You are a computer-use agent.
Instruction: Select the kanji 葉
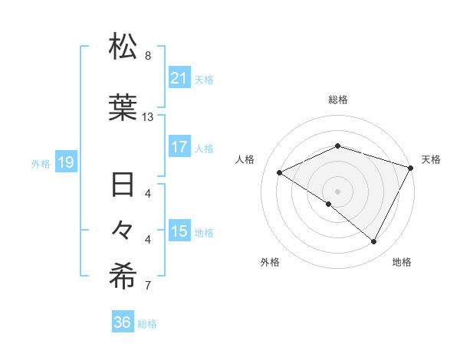point(123,107)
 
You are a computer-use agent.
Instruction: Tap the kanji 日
point(123,186)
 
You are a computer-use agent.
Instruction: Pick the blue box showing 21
point(179,78)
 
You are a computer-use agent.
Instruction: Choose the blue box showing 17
point(179,147)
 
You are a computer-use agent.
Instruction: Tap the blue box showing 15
point(179,231)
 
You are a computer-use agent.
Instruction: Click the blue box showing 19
point(66,162)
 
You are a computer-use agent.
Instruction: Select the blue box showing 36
point(123,322)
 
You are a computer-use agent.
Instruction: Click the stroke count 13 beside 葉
point(148,117)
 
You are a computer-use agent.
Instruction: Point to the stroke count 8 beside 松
point(148,56)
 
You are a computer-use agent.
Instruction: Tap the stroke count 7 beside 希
point(148,286)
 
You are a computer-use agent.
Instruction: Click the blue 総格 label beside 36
point(148,324)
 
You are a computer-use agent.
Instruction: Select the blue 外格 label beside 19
point(41,163)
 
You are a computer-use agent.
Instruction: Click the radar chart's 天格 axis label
point(431,159)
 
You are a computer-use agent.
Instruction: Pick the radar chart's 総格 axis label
point(338,100)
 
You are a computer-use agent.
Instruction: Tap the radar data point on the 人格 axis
point(280,172)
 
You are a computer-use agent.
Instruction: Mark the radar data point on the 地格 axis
point(374,242)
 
